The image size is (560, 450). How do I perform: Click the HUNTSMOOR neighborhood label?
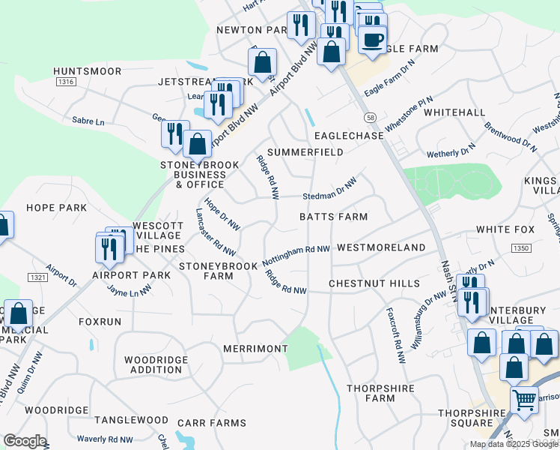pos(88,71)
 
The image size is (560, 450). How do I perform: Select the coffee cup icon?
pos(372,39)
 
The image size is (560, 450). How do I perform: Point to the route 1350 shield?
pos(521,248)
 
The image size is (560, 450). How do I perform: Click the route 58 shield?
pos(370,118)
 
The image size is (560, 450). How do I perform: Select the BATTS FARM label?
pos(333,217)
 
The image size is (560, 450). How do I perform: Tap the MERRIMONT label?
pos(255,349)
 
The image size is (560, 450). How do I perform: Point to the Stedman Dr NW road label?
pos(329,189)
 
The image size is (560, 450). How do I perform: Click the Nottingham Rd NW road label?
pos(296,256)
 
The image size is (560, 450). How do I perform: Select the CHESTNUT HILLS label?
pos(374,283)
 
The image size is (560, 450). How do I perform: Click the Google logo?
pos(25,441)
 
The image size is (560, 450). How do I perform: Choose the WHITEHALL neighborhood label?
pos(454,112)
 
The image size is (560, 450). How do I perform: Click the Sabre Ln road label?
pos(88,121)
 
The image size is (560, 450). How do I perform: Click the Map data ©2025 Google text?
pos(514,444)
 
